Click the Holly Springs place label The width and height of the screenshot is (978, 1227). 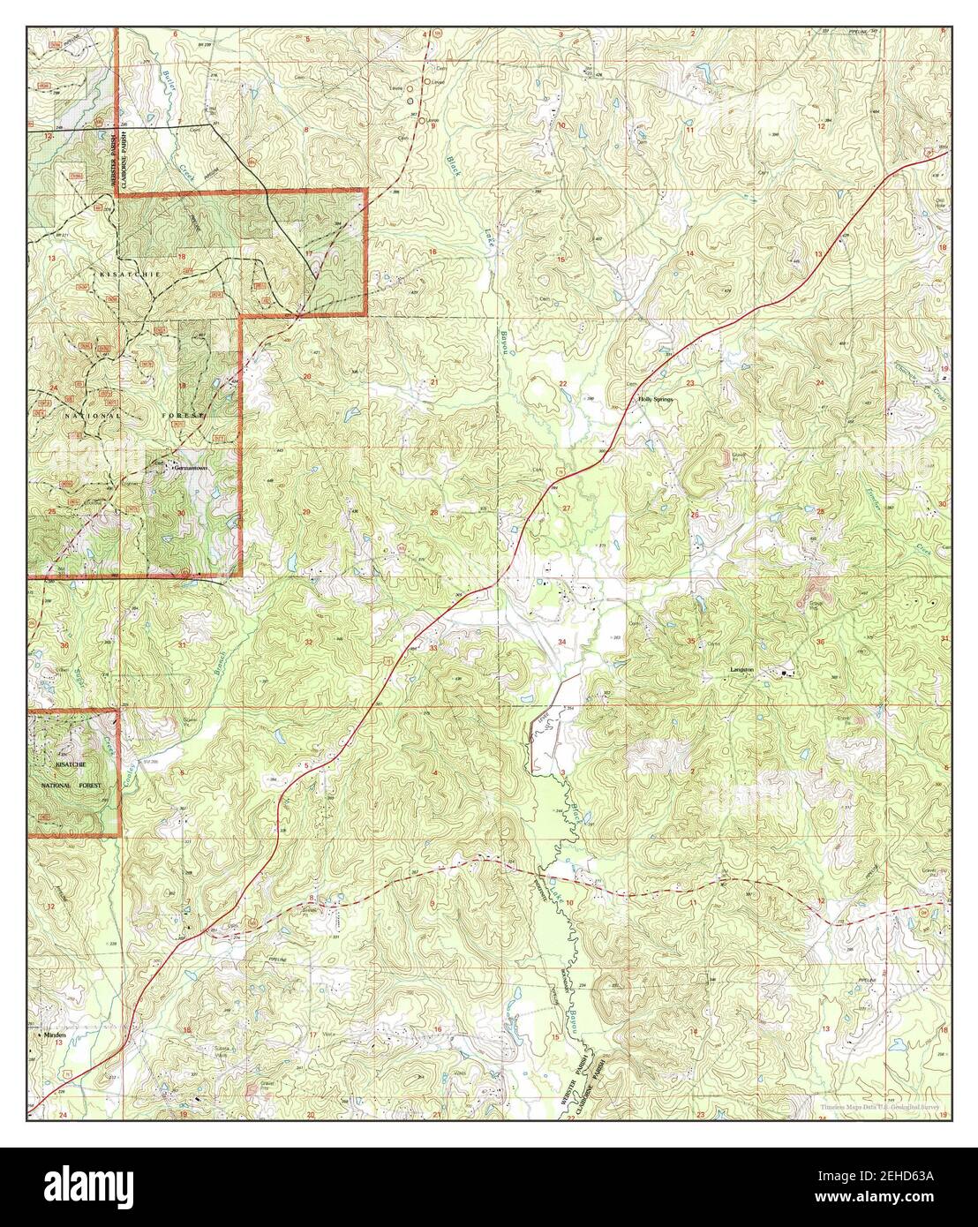click(656, 400)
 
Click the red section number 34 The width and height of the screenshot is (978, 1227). click(562, 642)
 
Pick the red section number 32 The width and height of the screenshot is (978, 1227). click(308, 641)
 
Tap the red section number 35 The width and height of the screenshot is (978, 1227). click(692, 641)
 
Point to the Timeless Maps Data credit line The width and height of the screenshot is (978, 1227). click(869, 1104)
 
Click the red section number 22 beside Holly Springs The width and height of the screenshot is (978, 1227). click(562, 382)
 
